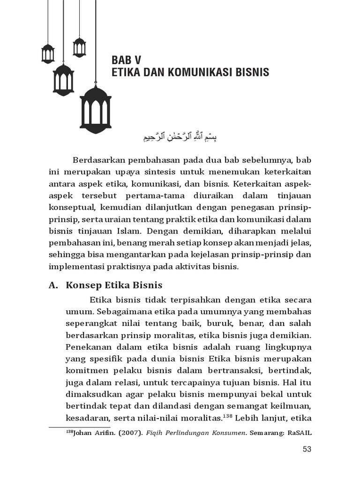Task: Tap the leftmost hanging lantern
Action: coord(48,53)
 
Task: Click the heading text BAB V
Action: coord(126,60)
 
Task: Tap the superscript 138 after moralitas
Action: coord(227,415)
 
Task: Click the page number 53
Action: coord(307,449)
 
